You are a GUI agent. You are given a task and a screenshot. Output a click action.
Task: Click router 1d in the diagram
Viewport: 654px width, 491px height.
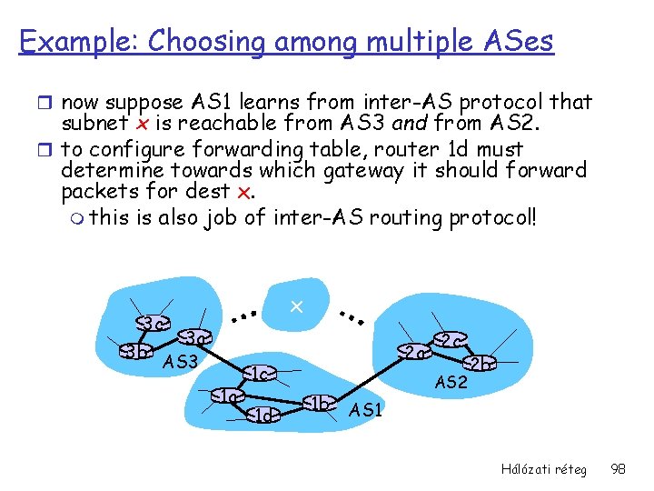263,415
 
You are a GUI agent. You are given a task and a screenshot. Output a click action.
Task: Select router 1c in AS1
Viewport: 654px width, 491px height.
260,374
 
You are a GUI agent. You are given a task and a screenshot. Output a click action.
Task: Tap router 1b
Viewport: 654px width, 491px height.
319,402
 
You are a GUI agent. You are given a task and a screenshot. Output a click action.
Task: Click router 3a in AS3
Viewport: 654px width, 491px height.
197,338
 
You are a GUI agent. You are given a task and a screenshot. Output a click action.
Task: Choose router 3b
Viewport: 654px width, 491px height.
136,352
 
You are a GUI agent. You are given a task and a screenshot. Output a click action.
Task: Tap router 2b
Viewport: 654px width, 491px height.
479,363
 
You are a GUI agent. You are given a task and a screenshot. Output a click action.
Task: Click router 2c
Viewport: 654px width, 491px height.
451,339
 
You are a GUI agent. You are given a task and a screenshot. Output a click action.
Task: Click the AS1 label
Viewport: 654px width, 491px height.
366,410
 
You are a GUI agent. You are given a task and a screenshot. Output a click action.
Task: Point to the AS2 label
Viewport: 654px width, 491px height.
451,382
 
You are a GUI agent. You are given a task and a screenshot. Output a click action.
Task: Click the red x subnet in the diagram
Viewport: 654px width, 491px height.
295,308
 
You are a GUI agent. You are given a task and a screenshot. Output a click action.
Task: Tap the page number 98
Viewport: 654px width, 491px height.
619,468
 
